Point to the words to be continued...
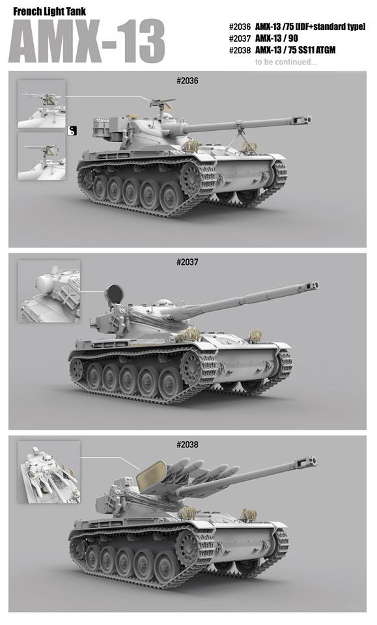click(x=286, y=62)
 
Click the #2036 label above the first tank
click(x=187, y=81)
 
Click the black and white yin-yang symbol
click(x=72, y=130)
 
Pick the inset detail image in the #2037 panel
click(x=49, y=291)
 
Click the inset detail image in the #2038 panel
click(x=49, y=472)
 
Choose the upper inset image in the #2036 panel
click(x=42, y=104)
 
